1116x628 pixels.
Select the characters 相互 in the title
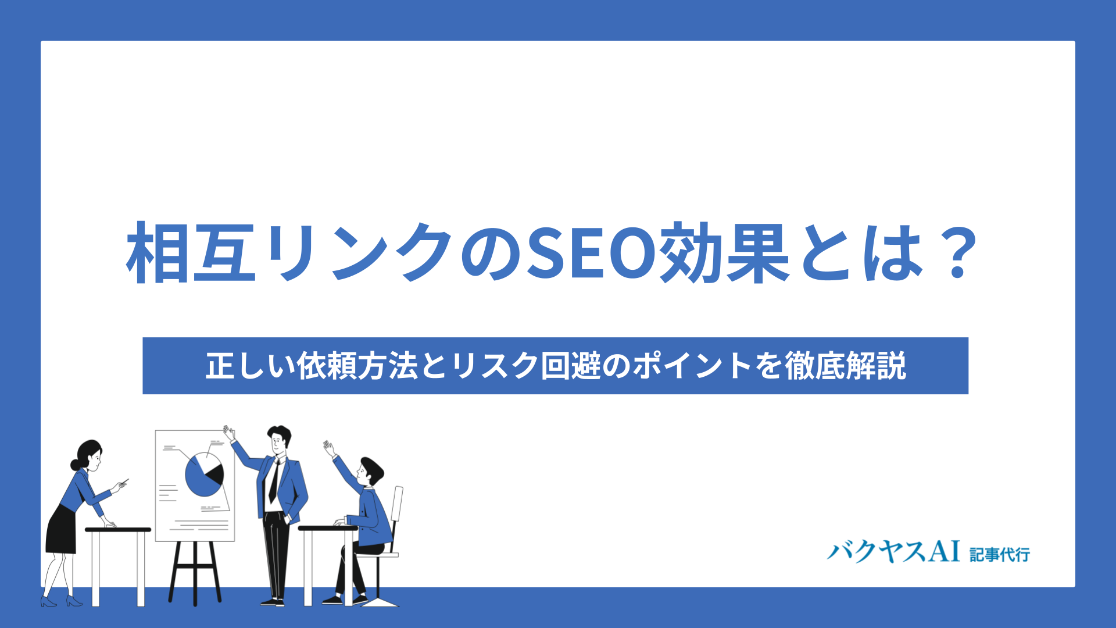click(191, 254)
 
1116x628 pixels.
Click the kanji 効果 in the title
click(723, 254)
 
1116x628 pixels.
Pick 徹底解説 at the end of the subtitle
click(846, 366)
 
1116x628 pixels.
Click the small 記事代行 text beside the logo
click(1000, 555)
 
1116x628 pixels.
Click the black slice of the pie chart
click(216, 474)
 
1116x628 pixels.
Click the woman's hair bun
click(75, 465)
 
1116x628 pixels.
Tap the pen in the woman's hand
click(124, 481)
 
